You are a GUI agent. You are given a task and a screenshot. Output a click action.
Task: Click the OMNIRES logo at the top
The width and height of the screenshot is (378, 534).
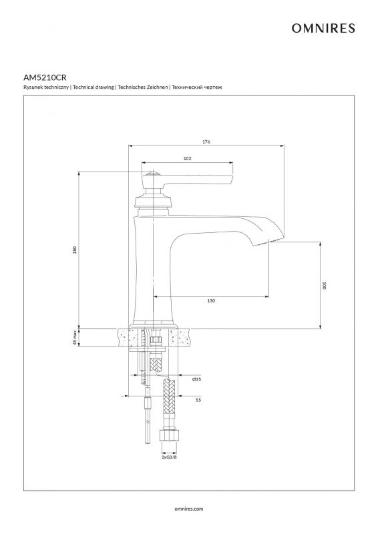coord(323,28)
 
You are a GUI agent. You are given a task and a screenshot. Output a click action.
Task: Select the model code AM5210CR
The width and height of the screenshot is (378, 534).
coord(45,77)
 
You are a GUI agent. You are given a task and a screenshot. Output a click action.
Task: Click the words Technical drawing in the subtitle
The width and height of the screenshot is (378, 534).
coord(93,87)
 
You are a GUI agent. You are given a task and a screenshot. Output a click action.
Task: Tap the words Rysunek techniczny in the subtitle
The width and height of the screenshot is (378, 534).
coord(46,87)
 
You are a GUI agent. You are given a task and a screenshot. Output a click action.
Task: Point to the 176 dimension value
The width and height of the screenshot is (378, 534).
coord(206,142)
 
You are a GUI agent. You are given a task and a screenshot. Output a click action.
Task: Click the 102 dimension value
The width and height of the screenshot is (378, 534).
coord(187,158)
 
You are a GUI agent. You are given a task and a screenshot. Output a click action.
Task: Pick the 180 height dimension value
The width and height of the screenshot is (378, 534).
coord(75,250)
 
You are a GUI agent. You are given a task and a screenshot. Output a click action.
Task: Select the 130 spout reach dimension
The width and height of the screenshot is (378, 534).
coord(211,301)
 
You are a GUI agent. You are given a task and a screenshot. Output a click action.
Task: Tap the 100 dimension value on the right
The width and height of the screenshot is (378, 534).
coord(324,286)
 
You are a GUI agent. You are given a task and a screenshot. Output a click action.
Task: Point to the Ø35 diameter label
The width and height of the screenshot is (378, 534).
coord(196,379)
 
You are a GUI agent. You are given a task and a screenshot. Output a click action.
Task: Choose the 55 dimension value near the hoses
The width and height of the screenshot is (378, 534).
coord(198,400)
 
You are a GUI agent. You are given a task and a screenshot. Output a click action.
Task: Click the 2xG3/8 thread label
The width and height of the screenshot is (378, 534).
coord(169,457)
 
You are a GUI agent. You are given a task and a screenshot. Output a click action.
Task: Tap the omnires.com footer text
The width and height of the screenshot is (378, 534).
coord(188,509)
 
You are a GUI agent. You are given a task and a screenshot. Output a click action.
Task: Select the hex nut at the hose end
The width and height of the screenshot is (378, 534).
coord(169,436)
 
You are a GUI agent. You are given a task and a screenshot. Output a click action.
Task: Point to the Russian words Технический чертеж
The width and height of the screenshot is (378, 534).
coord(197,87)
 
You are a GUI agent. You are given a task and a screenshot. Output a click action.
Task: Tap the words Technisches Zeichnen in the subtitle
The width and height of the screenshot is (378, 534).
coord(143,87)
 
